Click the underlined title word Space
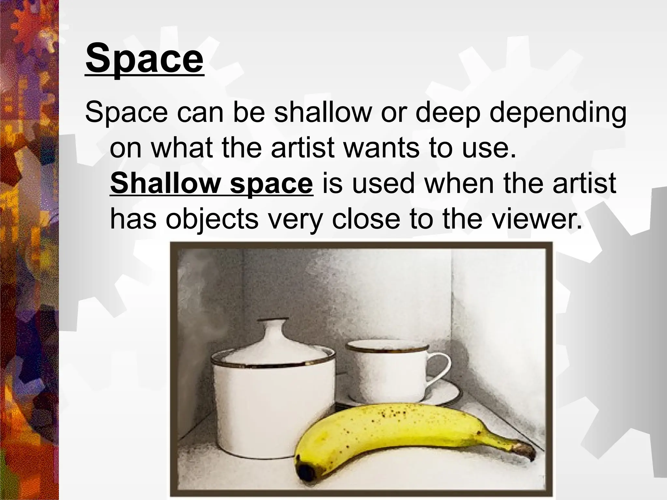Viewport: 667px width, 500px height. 145,59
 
